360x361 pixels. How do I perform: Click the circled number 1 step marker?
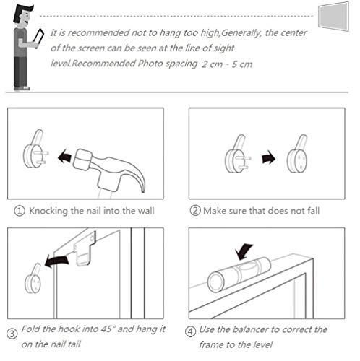[x=20, y=211]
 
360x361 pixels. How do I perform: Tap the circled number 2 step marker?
[x=195, y=210]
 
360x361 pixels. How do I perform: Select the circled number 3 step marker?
[x=12, y=334]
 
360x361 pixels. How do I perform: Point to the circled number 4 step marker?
[x=190, y=331]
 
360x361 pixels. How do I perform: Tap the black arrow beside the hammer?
[x=64, y=156]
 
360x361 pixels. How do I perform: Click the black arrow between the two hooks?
[x=268, y=157]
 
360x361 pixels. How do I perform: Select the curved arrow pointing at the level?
[x=244, y=251]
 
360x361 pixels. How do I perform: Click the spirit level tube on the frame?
[x=239, y=274]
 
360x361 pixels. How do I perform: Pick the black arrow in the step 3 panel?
[x=56, y=261]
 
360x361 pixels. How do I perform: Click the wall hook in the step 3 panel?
[x=33, y=279]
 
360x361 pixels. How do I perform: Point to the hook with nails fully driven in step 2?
[x=297, y=154]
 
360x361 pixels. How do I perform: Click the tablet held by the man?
[x=38, y=38]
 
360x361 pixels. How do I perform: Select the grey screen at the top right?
[x=333, y=17]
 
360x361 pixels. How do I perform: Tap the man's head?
[x=22, y=15]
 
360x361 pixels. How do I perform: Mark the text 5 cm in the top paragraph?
[x=242, y=64]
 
